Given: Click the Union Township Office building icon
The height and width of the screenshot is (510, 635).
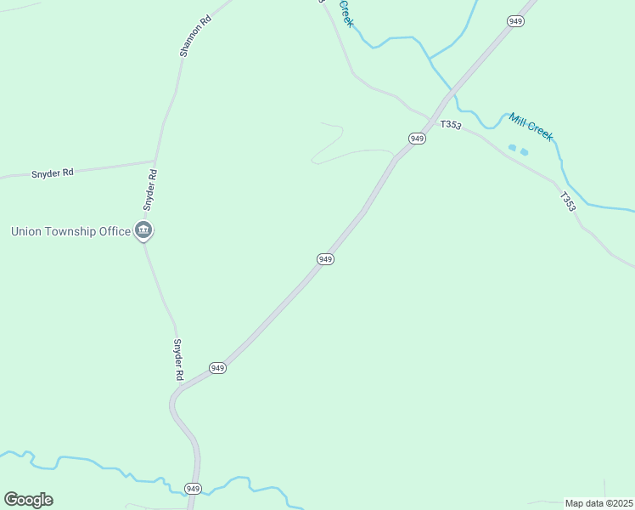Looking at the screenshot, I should tap(143, 230).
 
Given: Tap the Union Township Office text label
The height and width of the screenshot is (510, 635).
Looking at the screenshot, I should tap(70, 231).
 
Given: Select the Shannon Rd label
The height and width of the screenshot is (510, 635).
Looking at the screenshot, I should tap(195, 36).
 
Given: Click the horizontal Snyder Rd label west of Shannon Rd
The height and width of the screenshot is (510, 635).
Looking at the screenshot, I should tap(53, 173).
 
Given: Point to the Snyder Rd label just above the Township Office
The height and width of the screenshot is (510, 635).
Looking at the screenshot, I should tap(149, 190).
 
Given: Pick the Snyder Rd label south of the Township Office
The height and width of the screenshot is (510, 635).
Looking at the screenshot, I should tap(178, 360).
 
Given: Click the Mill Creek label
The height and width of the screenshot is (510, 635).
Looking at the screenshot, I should tap(531, 127).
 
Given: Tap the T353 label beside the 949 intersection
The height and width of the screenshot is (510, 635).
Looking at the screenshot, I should tap(451, 125).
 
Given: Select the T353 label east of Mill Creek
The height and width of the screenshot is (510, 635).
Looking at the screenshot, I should tap(568, 201).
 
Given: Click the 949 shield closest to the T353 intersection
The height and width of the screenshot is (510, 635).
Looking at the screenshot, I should tap(416, 138).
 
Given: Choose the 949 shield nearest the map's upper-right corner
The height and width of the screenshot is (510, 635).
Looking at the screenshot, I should tap(515, 21).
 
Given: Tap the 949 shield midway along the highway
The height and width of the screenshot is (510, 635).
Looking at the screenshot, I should tap(325, 258).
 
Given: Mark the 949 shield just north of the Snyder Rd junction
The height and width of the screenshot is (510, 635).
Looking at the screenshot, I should tap(218, 368).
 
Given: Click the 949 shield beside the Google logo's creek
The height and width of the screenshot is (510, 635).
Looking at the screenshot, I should tap(194, 488).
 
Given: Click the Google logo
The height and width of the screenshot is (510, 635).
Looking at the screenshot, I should tap(29, 499).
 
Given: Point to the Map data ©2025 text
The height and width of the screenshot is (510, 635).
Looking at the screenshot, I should tap(598, 503).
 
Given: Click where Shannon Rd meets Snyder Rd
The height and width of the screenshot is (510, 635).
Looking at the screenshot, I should tap(155, 160).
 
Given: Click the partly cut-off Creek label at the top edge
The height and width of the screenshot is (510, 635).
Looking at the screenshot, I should tap(346, 12).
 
